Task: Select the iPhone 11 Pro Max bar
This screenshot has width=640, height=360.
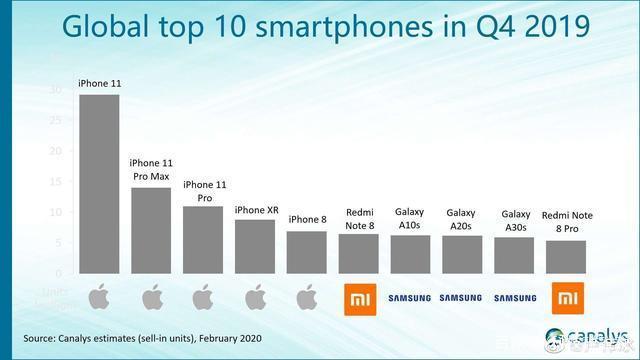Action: click(151, 230)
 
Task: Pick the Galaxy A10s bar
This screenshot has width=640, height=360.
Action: click(410, 254)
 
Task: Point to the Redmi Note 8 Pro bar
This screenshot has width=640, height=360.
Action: click(566, 256)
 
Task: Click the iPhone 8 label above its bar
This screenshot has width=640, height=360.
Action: click(307, 220)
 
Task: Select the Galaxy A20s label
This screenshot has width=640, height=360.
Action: click(462, 218)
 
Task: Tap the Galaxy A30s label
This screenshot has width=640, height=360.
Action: click(515, 220)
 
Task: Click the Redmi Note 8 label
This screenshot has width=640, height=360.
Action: click(359, 218)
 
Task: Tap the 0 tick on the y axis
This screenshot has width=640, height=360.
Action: click(59, 273)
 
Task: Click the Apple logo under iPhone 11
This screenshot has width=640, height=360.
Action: click(99, 298)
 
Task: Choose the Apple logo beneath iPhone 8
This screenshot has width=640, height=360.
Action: click(307, 298)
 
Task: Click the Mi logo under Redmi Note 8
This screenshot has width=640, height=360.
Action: click(359, 298)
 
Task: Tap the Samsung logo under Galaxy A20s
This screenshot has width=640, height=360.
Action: click(462, 298)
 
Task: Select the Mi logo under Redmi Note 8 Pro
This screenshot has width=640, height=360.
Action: click(566, 298)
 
